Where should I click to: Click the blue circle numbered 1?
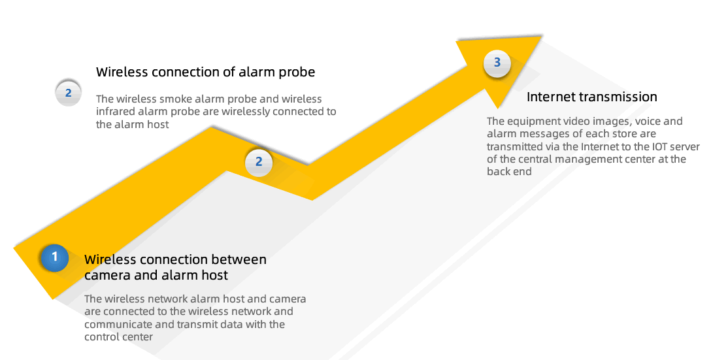(55, 257)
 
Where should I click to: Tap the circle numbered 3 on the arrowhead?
(497, 63)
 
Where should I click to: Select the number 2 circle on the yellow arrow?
(259, 162)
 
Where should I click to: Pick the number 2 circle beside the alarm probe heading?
(68, 93)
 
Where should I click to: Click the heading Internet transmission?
(592, 97)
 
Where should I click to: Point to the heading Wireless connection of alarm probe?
(205, 72)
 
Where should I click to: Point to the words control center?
(118, 337)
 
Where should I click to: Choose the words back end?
(509, 172)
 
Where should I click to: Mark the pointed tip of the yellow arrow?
(541, 37)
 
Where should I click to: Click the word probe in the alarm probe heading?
(297, 73)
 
